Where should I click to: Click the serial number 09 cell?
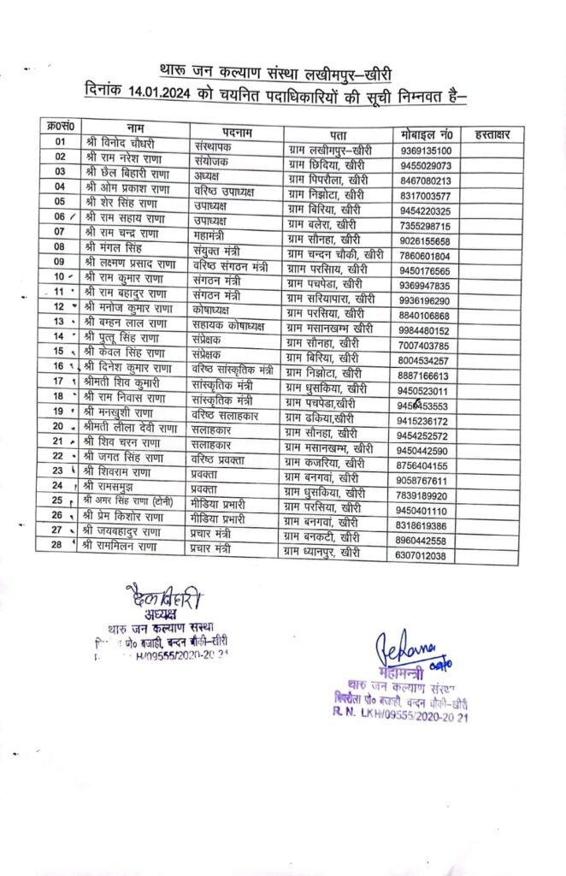pyautogui.click(x=59, y=262)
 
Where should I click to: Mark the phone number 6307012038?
pyautogui.click(x=432, y=556)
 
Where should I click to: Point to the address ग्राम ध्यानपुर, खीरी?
pyautogui.click(x=324, y=553)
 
